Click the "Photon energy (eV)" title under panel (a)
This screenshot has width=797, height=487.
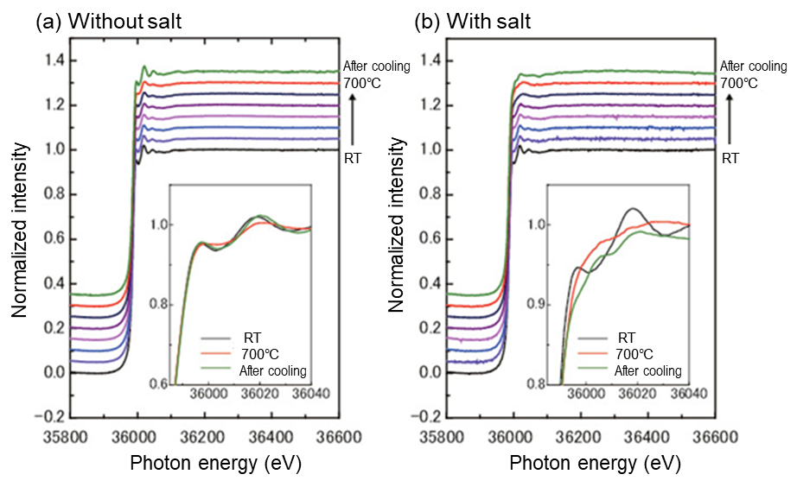click(x=215, y=464)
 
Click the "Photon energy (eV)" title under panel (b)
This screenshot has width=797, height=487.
click(x=595, y=464)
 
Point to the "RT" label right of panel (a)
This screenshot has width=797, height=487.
click(x=353, y=159)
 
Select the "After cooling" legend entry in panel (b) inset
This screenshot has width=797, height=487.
click(x=647, y=371)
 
